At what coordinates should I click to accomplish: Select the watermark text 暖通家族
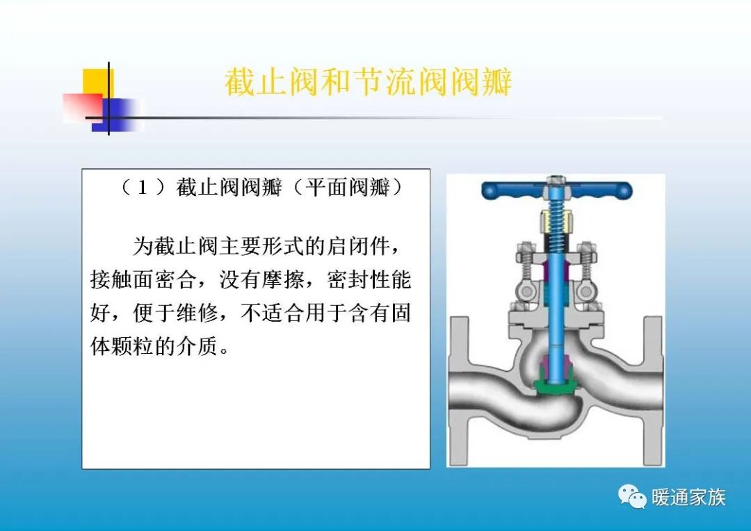688,497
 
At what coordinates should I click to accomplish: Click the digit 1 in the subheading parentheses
142,188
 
